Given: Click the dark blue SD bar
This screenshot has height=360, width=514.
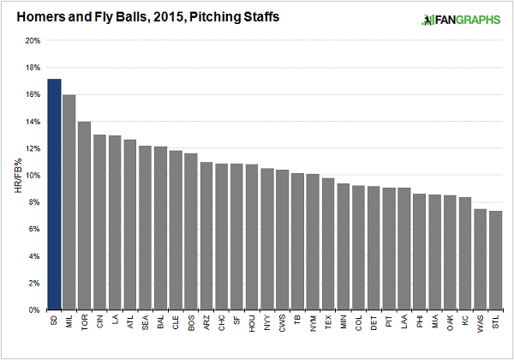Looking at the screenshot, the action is pos(54,194).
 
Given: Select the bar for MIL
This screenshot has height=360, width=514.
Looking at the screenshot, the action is pos(69,202).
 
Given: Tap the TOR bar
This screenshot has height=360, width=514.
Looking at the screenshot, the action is pos(85,215).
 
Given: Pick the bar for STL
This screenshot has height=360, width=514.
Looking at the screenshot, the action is pos(496,260).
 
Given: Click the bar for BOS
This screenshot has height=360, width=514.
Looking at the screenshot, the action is pos(191,231).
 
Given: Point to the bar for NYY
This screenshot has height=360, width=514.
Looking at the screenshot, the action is pos(267,238).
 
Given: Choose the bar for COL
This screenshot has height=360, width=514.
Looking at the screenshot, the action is pos(359,248).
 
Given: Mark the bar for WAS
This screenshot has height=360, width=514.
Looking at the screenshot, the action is pos(481,260).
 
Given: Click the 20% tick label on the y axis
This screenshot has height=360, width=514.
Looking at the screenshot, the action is pos(33,40).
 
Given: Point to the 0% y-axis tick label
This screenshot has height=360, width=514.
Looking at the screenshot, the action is pos(34,309).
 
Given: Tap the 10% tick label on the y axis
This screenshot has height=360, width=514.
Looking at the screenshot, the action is pos(33,176).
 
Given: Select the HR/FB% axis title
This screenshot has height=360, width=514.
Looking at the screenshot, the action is pos(18,176).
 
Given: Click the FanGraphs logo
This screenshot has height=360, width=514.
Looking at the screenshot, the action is pos(461,20).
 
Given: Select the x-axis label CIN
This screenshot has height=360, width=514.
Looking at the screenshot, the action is pos(99,321).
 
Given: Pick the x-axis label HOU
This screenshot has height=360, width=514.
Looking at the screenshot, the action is pos(252,323).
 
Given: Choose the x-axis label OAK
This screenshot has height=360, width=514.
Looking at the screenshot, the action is pos(450,322).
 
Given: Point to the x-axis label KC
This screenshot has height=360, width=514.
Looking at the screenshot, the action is pos(465,321).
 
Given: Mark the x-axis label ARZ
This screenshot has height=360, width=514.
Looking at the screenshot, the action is pos(206,322).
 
